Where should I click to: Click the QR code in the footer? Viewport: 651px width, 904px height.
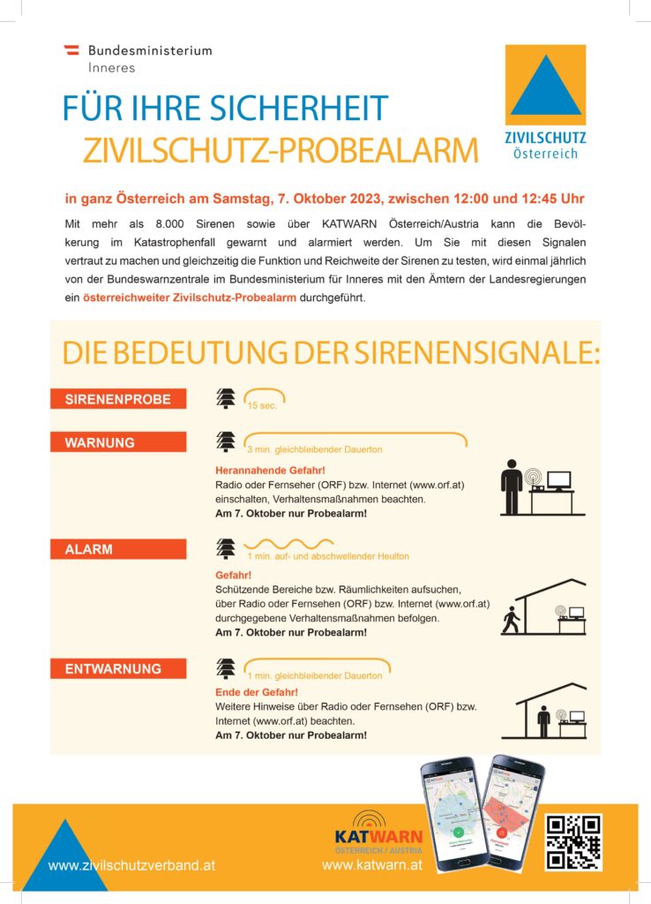click(573, 842)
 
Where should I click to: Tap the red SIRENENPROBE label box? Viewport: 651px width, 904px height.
click(118, 399)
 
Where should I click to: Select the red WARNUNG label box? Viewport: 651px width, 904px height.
click(118, 442)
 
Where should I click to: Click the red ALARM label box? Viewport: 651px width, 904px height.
click(118, 549)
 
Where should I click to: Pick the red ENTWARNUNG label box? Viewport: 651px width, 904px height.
click(118, 669)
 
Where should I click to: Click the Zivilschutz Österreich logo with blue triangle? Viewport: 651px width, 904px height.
click(545, 102)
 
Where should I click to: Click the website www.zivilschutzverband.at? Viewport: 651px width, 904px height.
click(131, 866)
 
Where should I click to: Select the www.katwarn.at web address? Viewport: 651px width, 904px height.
click(372, 866)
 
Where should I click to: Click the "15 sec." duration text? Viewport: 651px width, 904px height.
click(265, 406)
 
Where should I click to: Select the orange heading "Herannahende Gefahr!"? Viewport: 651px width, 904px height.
click(270, 471)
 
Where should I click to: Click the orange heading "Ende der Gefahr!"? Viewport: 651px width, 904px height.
click(257, 692)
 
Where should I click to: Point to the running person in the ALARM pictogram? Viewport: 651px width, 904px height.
click(509, 621)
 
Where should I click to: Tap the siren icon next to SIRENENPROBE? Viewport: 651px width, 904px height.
click(226, 399)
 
